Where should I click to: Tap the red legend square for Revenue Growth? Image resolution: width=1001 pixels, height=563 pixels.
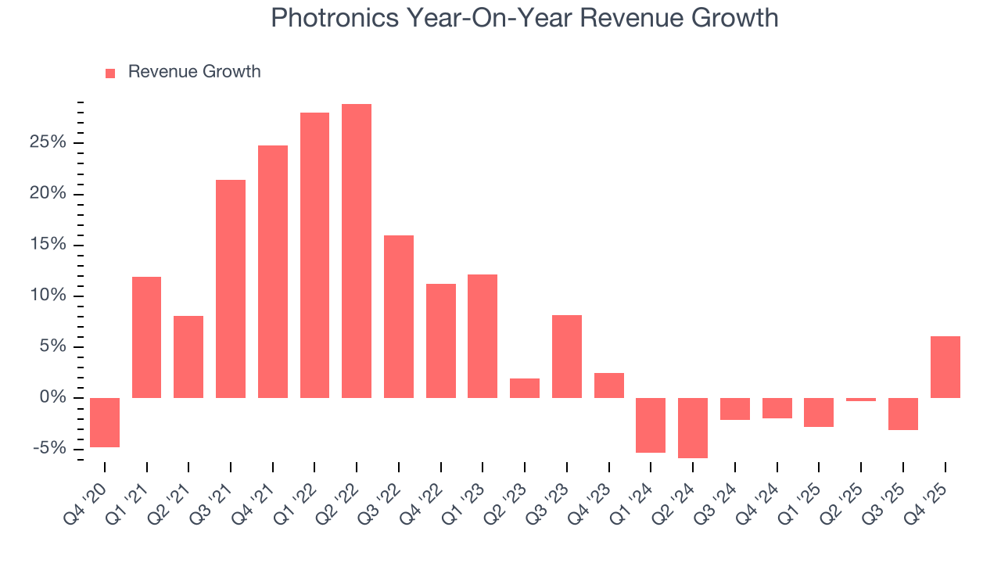click(x=110, y=73)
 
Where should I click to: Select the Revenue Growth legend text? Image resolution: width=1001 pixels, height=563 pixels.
click(x=194, y=72)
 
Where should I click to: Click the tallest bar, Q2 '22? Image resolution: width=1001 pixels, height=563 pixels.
click(x=357, y=250)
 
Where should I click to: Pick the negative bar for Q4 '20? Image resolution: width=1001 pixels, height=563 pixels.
click(x=105, y=422)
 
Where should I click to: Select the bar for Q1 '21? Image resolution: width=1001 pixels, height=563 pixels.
click(x=147, y=337)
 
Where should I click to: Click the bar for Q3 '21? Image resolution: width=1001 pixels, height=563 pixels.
click(x=231, y=289)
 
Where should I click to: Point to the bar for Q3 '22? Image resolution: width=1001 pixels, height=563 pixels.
click(x=399, y=316)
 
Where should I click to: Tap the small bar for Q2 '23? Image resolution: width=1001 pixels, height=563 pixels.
click(x=525, y=388)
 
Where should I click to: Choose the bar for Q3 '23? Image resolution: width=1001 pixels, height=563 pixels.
click(x=567, y=356)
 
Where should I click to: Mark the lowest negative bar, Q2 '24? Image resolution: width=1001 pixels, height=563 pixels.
click(x=693, y=428)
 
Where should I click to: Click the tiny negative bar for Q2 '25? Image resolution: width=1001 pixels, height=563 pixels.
click(x=861, y=400)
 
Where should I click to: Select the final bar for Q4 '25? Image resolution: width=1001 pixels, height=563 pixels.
click(x=945, y=367)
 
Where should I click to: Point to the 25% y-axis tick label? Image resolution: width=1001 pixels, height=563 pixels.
click(x=48, y=143)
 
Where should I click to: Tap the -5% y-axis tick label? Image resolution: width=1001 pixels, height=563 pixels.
click(x=50, y=449)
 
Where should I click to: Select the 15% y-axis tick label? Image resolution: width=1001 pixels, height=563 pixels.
click(x=48, y=245)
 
